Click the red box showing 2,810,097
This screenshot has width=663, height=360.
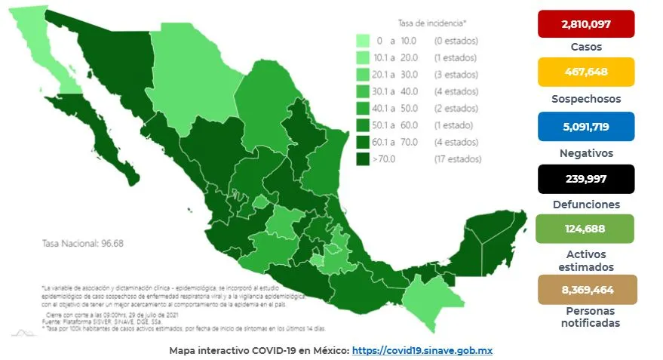pyautogui.click(x=585, y=24)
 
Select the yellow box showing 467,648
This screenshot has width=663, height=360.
pyautogui.click(x=585, y=72)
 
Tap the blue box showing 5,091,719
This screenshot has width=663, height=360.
pyautogui.click(x=585, y=126)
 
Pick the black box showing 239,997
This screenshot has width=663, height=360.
pyautogui.click(x=585, y=179)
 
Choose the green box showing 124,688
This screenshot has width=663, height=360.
pyautogui.click(x=585, y=229)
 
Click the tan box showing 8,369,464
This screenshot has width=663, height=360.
pyautogui.click(x=585, y=289)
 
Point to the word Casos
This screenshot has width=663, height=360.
pyautogui.click(x=585, y=46)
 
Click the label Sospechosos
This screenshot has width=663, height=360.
pyautogui.click(x=585, y=98)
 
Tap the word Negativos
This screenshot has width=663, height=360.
pyautogui.click(x=585, y=152)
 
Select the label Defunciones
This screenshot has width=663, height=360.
pyautogui.click(x=585, y=205)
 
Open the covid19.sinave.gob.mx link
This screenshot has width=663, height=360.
pyautogui.click(x=422, y=351)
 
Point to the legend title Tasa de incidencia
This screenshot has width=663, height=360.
pyautogui.click(x=432, y=23)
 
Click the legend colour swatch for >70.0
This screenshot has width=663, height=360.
pyautogui.click(x=363, y=159)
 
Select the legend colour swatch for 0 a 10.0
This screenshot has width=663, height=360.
pyautogui.click(x=363, y=40)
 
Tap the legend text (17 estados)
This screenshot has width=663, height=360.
pyautogui.click(x=457, y=159)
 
